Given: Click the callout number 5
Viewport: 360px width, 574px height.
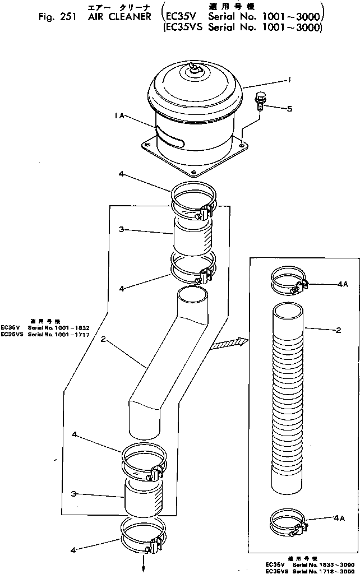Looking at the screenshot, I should click(289, 109).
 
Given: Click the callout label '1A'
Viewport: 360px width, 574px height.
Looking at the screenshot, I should click(117, 117).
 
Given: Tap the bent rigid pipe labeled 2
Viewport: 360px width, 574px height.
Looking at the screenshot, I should click(168, 359).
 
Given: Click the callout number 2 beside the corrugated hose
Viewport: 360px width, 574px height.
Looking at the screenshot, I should click(338, 331).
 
